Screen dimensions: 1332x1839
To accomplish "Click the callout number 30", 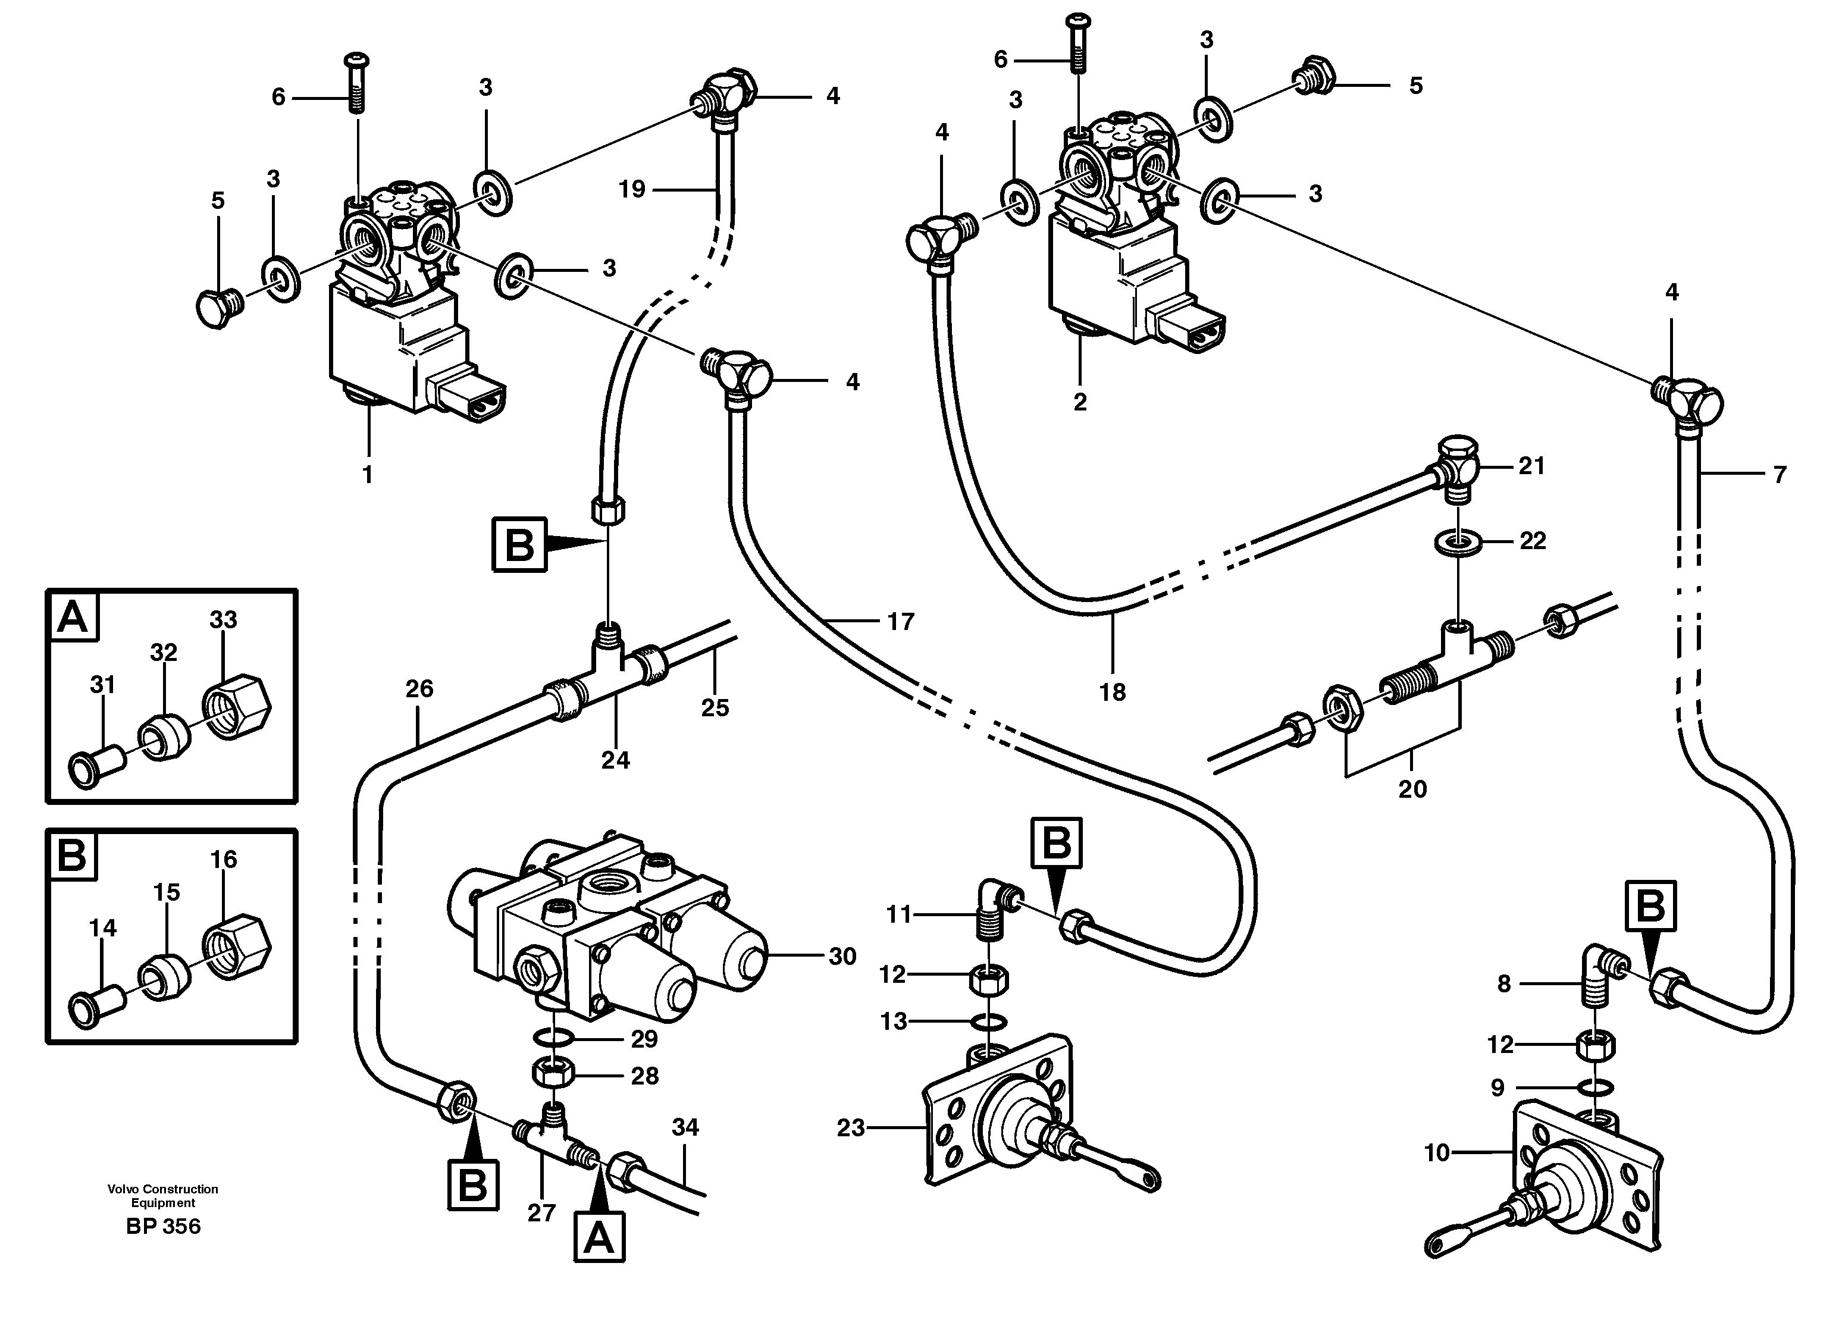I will click(x=842, y=957).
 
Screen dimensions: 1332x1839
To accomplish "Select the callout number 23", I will click(x=851, y=1128).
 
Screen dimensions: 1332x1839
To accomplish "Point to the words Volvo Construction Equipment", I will click(x=163, y=1196).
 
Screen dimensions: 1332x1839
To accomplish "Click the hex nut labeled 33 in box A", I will click(x=236, y=706).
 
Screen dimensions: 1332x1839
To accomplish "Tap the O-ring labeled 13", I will click(x=988, y=1021).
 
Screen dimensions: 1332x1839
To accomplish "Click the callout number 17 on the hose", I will click(x=900, y=622).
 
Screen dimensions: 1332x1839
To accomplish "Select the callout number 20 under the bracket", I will click(x=1412, y=789).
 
